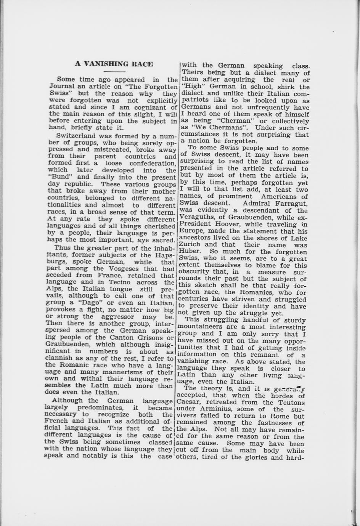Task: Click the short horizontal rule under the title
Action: (x=114, y=72)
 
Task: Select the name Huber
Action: (x=190, y=252)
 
